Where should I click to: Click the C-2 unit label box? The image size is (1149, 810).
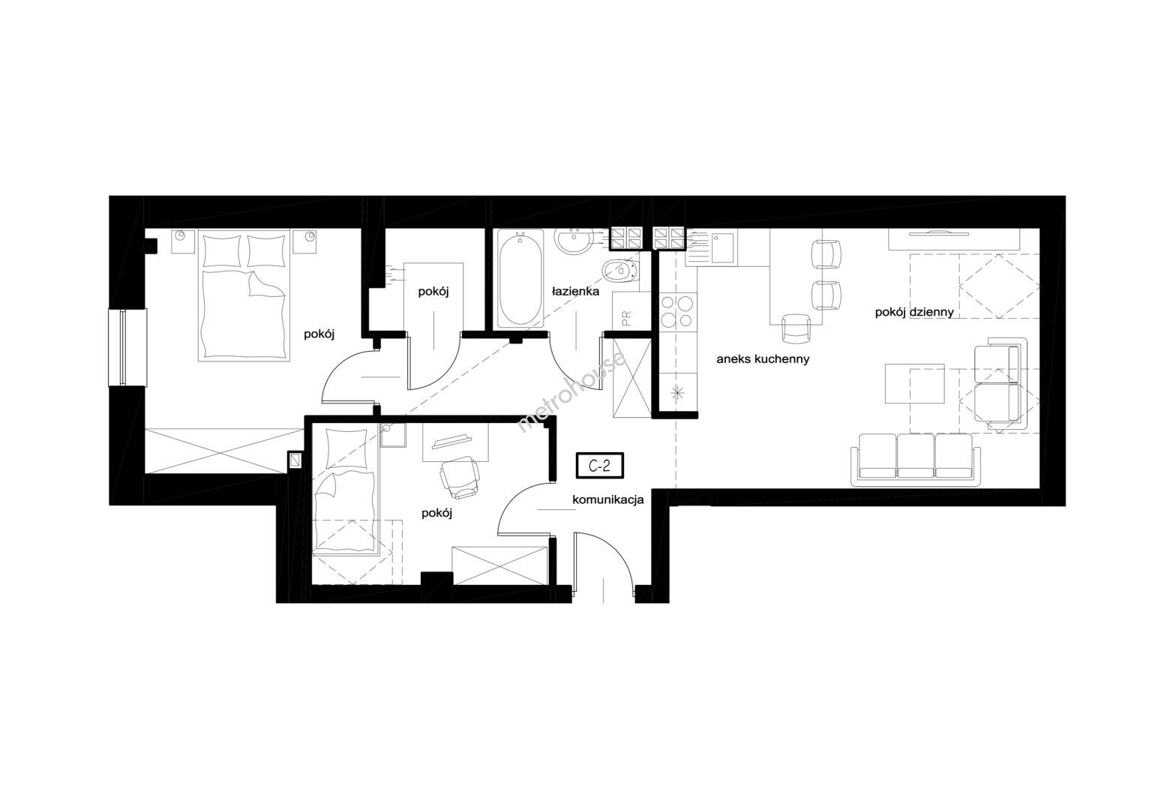point(600,466)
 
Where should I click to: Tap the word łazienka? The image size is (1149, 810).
point(575,291)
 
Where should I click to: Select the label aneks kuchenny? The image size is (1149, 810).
point(763,359)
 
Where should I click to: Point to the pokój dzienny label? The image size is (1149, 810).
point(914,313)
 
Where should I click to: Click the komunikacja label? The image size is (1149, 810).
point(607,499)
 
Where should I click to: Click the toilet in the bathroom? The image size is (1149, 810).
point(621,270)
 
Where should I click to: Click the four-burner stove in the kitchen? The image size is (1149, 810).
point(677,312)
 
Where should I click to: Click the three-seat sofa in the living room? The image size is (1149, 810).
point(916,459)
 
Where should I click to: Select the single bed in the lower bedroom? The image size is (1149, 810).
point(346,491)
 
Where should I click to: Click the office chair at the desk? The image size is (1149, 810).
point(460,477)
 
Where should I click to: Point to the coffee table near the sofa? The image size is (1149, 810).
point(914,383)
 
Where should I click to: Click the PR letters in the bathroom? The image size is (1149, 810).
point(626,319)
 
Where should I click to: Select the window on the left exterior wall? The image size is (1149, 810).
point(127,347)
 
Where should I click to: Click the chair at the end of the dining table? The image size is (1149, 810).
point(796,328)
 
